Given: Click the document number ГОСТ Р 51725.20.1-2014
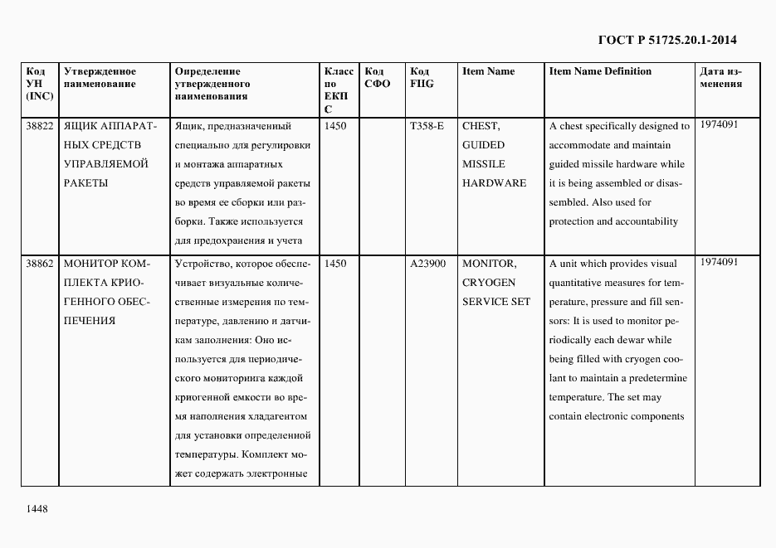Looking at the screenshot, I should tap(667, 39).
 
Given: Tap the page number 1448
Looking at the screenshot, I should tap(37, 508).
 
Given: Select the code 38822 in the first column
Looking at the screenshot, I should tap(40, 126).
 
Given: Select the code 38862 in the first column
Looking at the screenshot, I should tap(40, 264).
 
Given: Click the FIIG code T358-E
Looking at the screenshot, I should tap(427, 126).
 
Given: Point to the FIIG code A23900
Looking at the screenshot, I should tap(428, 264).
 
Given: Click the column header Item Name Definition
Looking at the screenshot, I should tap(600, 71).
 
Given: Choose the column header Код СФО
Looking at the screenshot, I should tap(378, 78).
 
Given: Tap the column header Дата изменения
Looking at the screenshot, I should tap(720, 78).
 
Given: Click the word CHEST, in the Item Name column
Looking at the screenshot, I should tap(481, 126).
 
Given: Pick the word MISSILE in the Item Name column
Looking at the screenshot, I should tap(484, 164).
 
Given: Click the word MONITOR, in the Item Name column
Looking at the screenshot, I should tap(490, 264).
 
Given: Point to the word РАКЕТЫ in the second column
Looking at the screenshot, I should tap(85, 183).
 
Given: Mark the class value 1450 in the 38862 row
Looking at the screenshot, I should tap(335, 264).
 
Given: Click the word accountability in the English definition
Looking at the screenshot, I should tap(647, 221).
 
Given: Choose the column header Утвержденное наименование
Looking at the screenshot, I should tap(99, 78).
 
